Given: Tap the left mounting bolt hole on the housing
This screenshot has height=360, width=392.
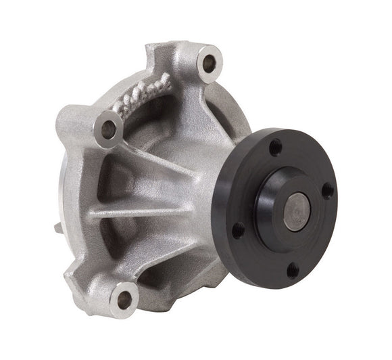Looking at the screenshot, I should pyautogui.click(x=107, y=127).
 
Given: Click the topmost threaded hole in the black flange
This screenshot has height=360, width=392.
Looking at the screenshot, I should pyautogui.click(x=276, y=145).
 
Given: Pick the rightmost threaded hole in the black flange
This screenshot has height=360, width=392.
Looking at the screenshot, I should pyautogui.click(x=327, y=191).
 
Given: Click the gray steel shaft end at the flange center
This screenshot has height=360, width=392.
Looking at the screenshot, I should pyautogui.click(x=297, y=210).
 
